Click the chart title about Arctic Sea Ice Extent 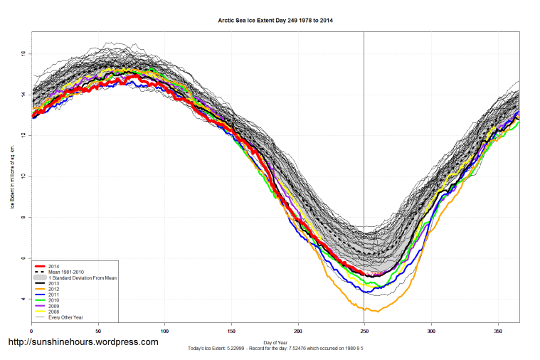[275, 21]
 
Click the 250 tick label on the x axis [364, 330]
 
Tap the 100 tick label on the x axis [164, 330]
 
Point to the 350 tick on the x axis [497, 330]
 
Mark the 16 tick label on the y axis [23, 53]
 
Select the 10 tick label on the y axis [23, 176]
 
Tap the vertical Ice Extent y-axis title [12, 176]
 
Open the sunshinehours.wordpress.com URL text [83, 342]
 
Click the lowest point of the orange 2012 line [377, 312]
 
